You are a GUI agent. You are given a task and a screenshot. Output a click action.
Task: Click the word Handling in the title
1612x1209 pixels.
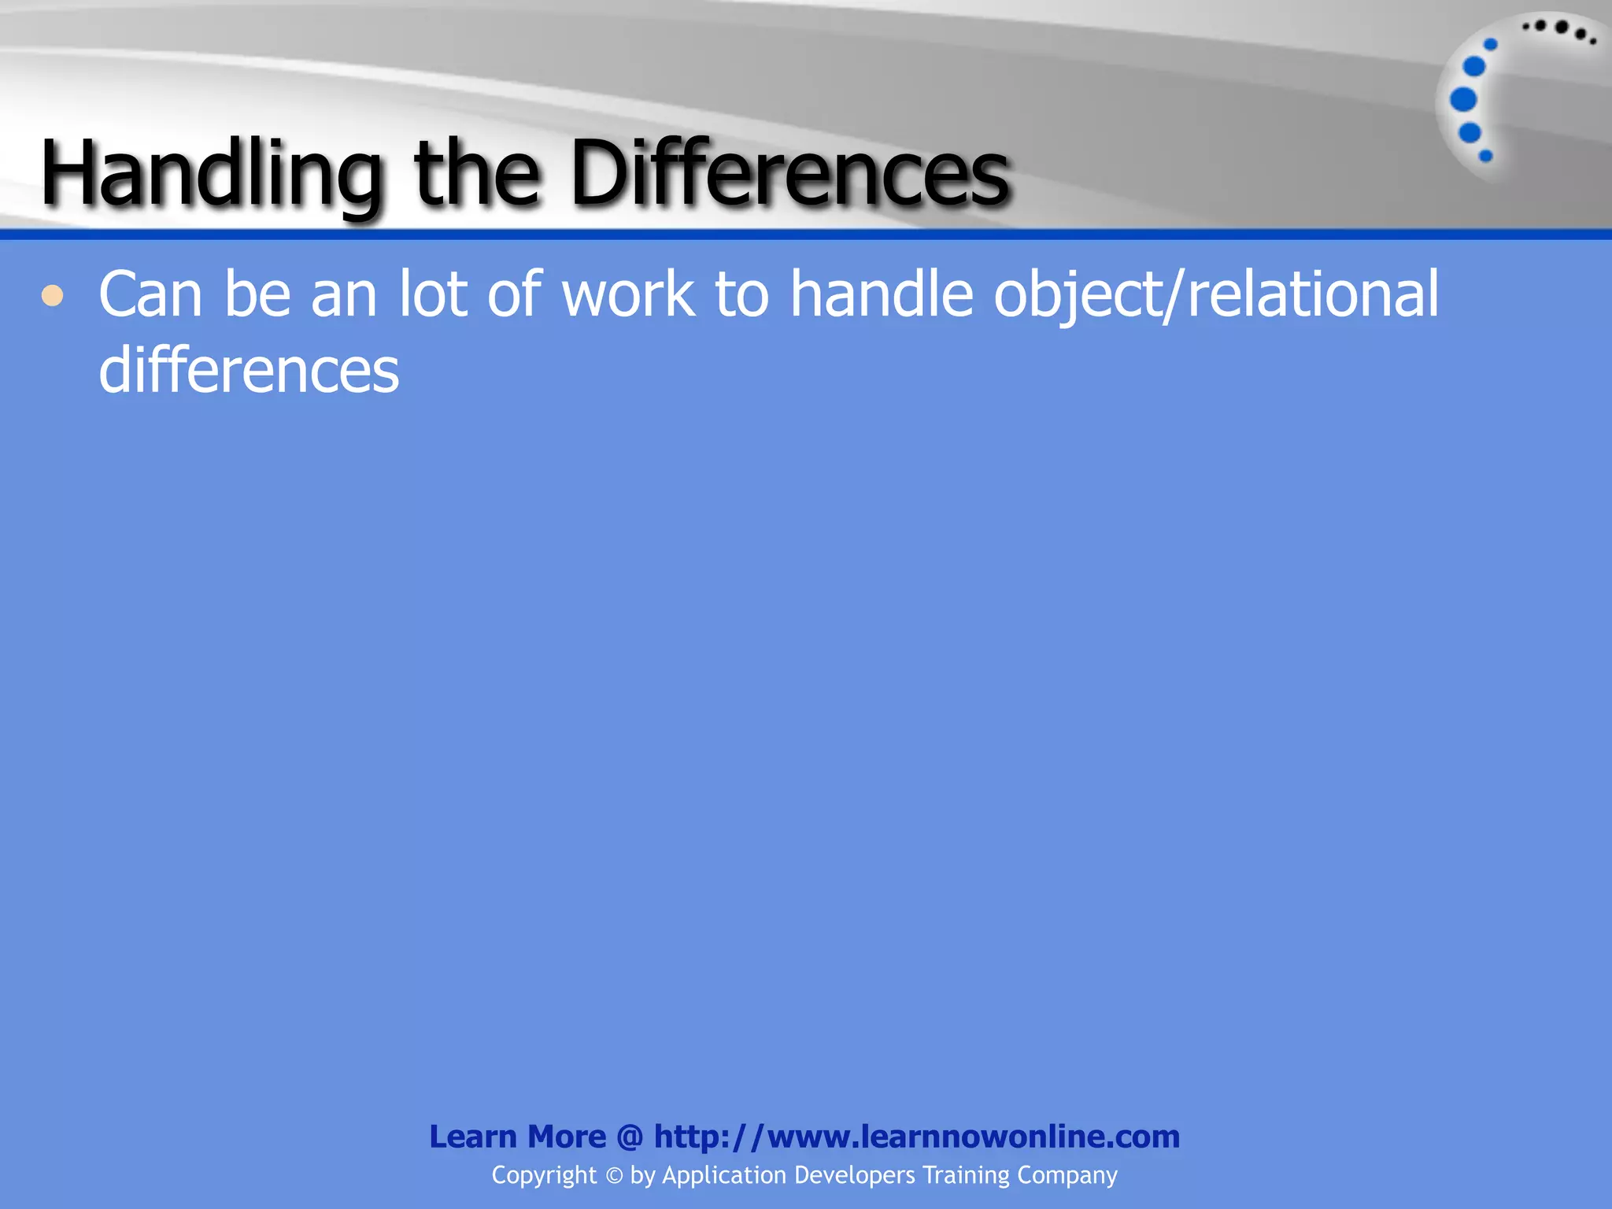pos(212,173)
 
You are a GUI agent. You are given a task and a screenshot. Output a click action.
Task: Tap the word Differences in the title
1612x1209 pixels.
pos(789,173)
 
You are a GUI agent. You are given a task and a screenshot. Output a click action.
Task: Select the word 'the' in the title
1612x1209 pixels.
pos(477,173)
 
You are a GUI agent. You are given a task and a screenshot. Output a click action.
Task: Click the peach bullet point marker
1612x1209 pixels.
pos(53,297)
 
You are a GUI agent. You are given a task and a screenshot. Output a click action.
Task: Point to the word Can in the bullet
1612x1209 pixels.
pos(150,294)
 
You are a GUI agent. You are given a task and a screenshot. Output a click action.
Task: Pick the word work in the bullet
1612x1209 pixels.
pos(628,294)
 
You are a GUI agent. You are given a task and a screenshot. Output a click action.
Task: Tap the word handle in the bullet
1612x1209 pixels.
pos(882,294)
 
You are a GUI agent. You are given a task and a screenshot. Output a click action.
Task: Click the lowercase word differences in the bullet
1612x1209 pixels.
pos(249,370)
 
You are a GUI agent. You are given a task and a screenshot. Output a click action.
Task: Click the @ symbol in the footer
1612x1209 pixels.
pos(630,1137)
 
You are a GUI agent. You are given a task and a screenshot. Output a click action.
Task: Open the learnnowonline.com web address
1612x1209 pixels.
pos(917,1137)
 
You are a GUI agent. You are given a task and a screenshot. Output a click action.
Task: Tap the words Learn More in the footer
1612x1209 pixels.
pos(518,1137)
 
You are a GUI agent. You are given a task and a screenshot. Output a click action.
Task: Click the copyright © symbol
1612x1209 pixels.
pos(614,1176)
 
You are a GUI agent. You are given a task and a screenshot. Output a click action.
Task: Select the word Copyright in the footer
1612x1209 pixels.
pos(544,1176)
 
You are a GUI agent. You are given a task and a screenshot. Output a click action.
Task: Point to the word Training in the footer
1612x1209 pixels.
pos(965,1176)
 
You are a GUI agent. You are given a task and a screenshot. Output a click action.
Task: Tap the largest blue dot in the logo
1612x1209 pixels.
pos(1463,100)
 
